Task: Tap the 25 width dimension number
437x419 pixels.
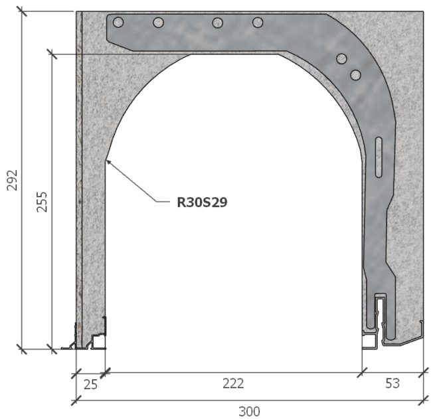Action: (x=90, y=383)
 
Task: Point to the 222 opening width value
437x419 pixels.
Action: (x=233, y=383)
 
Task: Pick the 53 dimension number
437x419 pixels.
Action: (x=392, y=383)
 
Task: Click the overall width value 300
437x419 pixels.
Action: (x=249, y=411)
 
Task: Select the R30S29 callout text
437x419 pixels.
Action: (x=202, y=203)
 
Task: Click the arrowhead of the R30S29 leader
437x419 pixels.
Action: (x=107, y=160)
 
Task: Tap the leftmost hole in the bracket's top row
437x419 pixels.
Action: (x=118, y=23)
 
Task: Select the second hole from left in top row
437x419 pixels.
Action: (x=158, y=23)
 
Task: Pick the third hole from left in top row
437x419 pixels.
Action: (x=217, y=23)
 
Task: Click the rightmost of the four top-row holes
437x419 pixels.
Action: (x=258, y=23)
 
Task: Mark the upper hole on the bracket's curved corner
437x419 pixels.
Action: (x=341, y=59)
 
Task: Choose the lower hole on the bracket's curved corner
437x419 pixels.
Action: (x=355, y=74)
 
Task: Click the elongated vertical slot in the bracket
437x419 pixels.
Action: (x=378, y=157)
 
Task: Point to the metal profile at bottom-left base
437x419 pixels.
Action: (x=90, y=337)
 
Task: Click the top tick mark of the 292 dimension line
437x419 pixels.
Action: (x=22, y=11)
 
